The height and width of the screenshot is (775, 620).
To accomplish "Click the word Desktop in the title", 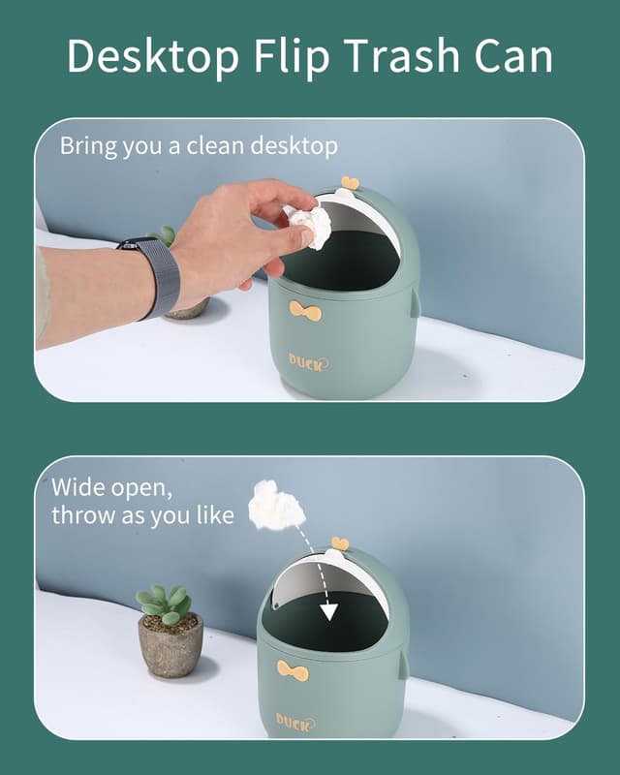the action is coord(153,56).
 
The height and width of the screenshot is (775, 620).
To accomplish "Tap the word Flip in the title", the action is coord(292,55).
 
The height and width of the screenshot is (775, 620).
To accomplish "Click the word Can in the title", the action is coord(513,55).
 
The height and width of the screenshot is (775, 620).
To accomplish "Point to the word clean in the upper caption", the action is coord(215,146).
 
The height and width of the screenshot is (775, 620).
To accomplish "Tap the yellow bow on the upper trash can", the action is coord(305,311).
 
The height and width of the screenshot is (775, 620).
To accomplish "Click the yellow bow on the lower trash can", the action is coord(293,670).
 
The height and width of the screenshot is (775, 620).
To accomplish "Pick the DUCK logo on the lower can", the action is coord(295,723).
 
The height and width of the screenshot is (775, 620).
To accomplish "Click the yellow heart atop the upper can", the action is coord(350,183).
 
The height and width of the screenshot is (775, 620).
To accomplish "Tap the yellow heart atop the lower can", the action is coord(340,542).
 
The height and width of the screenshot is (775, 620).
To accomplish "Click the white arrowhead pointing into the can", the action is coord(328,612).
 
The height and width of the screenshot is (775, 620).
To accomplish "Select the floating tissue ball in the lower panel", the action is coord(276,505).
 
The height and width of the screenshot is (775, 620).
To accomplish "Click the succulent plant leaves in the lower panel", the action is coord(164,602).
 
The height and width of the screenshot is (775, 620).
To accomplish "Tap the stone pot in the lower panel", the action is coord(170,644).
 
